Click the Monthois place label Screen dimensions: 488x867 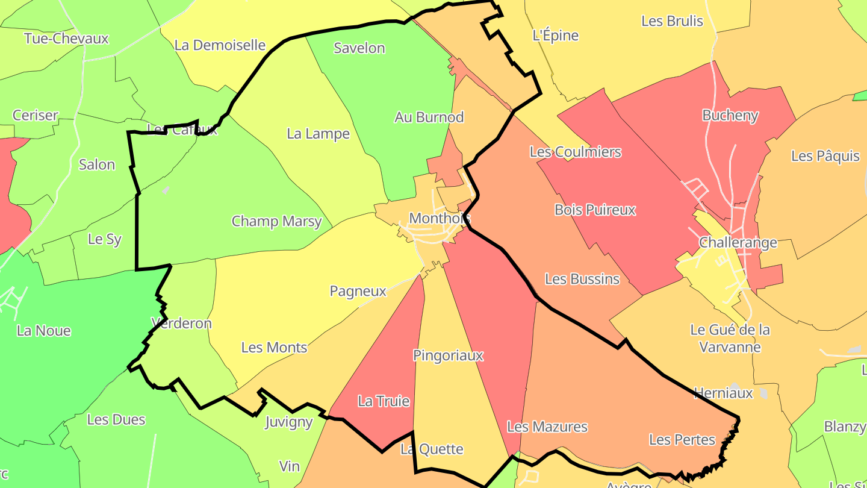[x=440, y=218]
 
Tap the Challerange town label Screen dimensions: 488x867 [x=738, y=243]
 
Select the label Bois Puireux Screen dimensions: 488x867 [x=595, y=210]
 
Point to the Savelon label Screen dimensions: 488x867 [x=359, y=48]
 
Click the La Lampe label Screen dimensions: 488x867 [x=318, y=134]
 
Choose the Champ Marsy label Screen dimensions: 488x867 [x=277, y=221]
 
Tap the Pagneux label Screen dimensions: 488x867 [x=358, y=292]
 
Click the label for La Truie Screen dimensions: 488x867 [x=384, y=401]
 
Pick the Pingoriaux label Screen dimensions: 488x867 [x=448, y=355]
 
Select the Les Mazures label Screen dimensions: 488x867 [x=547, y=427]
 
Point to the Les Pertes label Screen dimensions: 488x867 [x=682, y=440]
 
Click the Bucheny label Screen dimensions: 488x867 [x=730, y=116]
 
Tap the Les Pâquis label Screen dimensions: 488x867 [x=825, y=156]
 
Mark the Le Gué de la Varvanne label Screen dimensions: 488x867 [x=730, y=339]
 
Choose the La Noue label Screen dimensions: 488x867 [x=44, y=331]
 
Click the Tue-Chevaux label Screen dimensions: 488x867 [x=66, y=39]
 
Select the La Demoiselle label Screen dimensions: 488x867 [x=220, y=45]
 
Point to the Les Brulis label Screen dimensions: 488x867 [x=672, y=21]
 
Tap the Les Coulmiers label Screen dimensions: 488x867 [x=575, y=152]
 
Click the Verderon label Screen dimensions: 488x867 [x=181, y=324]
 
